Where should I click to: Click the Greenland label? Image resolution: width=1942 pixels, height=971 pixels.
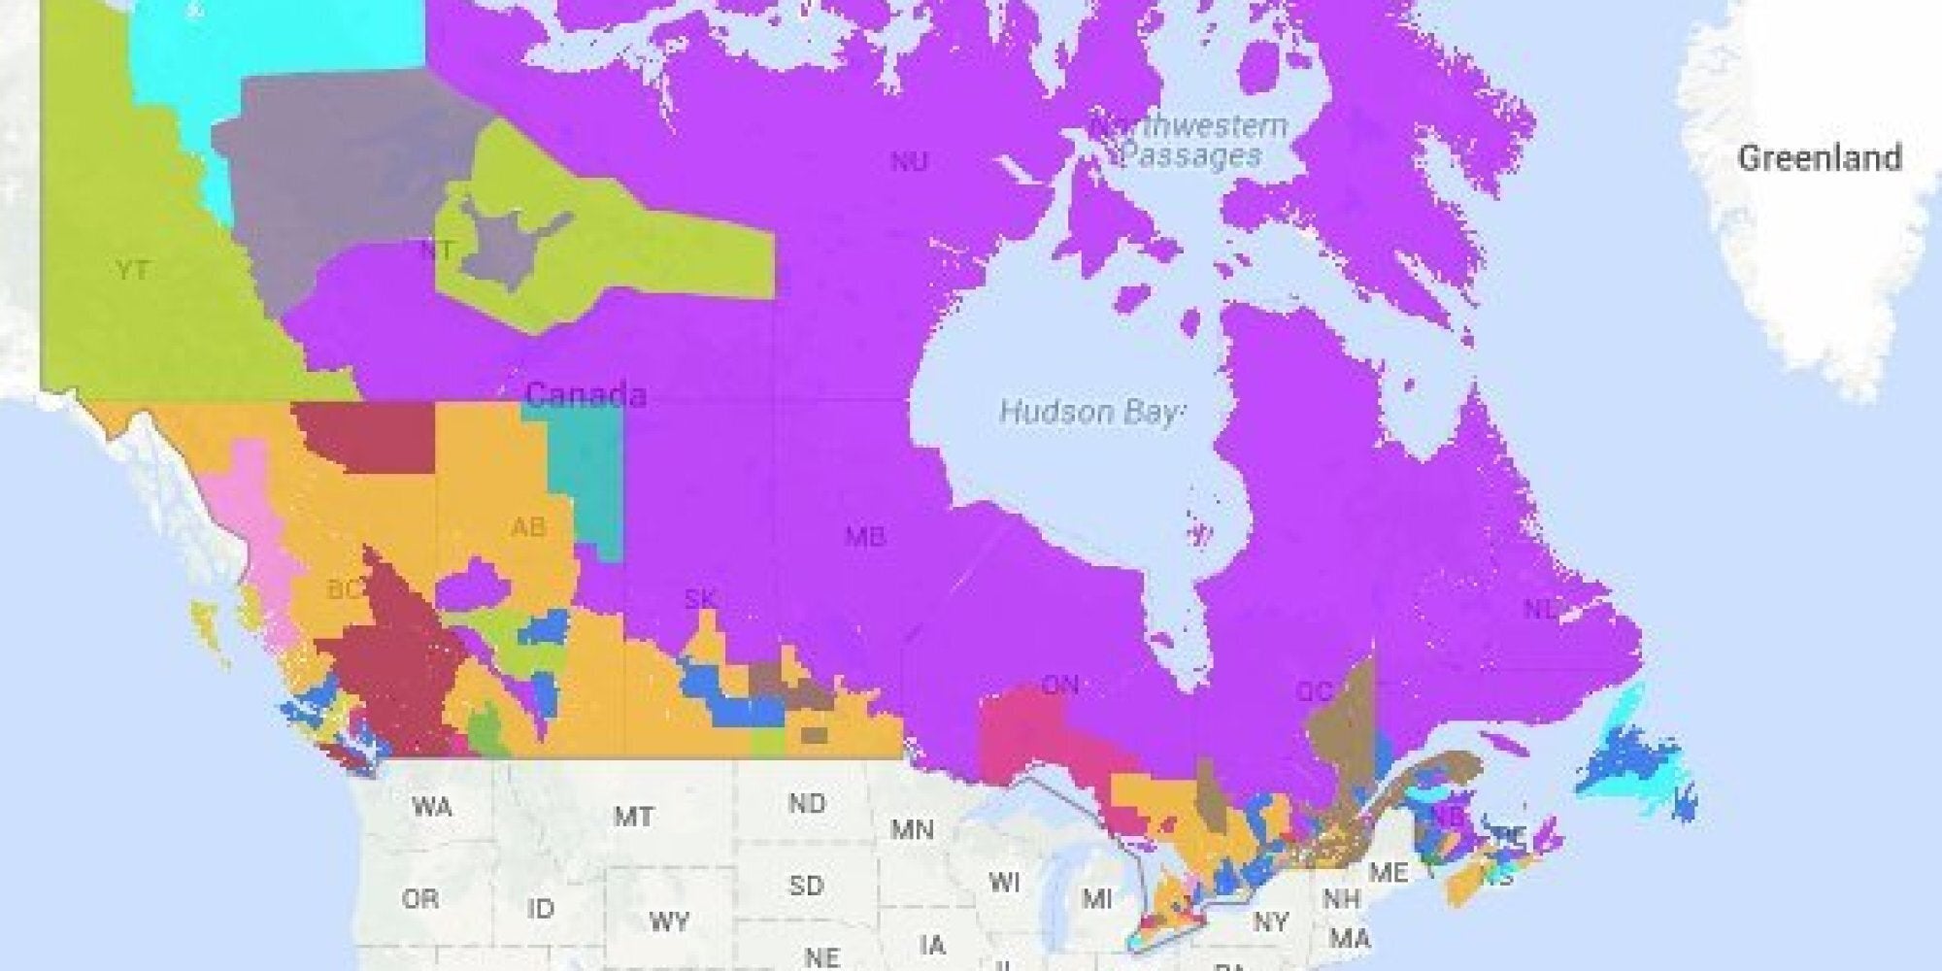[1819, 158]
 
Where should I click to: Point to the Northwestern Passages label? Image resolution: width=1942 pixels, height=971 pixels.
[1190, 141]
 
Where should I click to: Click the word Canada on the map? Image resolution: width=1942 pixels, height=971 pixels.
[586, 394]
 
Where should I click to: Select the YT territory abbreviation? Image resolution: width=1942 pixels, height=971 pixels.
[132, 269]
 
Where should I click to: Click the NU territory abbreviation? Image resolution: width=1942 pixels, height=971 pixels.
[909, 162]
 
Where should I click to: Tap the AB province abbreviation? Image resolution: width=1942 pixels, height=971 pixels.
[528, 527]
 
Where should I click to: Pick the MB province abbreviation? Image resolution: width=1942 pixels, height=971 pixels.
[863, 535]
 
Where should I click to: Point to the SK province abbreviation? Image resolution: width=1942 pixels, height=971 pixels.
[700, 599]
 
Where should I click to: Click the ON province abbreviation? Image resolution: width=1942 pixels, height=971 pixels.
[1059, 686]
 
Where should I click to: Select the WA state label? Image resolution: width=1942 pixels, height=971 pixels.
[431, 807]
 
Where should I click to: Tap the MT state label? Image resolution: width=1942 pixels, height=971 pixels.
[633, 817]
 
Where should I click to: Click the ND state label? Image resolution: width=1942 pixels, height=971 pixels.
[807, 804]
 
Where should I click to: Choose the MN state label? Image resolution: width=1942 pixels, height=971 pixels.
[912, 830]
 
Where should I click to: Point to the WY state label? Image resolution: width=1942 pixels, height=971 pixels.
[669, 921]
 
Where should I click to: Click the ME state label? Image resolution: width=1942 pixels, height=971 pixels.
[1388, 873]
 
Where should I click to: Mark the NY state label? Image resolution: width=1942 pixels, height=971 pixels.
[1270, 921]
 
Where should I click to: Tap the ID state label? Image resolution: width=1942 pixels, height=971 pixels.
[541, 909]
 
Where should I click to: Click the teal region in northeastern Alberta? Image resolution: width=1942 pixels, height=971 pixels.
[587, 476]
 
